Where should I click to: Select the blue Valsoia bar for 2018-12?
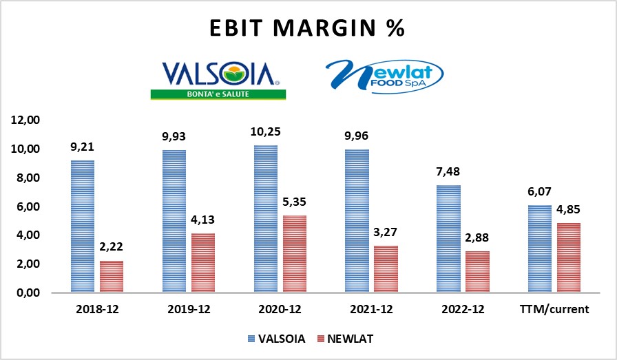click(83, 226)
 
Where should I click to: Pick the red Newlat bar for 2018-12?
click(112, 277)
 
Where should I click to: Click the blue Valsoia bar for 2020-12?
click(265, 219)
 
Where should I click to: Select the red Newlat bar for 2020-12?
click(294, 254)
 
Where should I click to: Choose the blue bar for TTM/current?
click(539, 248)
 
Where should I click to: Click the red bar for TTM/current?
click(568, 257)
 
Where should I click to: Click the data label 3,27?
click(385, 233)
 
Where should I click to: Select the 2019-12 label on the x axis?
click(188, 309)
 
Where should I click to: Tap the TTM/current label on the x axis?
click(554, 309)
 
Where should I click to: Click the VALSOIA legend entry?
click(277, 339)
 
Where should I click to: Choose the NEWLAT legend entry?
click(347, 339)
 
